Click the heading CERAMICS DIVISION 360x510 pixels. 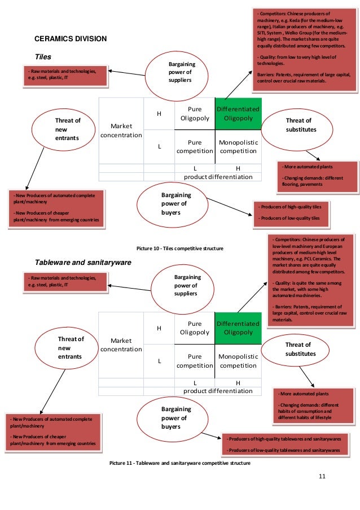pyautogui.click(x=71, y=39)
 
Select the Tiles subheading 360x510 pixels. pyautogui.click(x=43, y=57)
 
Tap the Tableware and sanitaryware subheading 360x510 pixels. pyautogui.click(x=83, y=263)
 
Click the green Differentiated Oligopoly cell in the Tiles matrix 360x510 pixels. pyautogui.click(x=238, y=114)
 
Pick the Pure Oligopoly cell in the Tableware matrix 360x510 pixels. pyautogui.click(x=195, y=328)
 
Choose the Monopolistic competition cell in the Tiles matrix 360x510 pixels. pyautogui.click(x=238, y=147)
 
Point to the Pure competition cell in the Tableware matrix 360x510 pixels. pyautogui.click(x=195, y=361)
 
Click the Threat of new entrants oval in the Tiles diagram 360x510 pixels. pyautogui.click(x=64, y=129)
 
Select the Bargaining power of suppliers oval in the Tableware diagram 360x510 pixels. pyautogui.click(x=183, y=289)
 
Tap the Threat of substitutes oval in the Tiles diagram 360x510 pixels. pyautogui.click(x=297, y=129)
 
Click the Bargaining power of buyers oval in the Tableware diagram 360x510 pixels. pyautogui.click(x=172, y=419)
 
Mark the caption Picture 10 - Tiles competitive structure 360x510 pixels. pyautogui.click(x=180, y=249)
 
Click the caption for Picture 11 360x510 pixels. pyautogui.click(x=180, y=463)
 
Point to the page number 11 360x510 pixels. pyautogui.click(x=322, y=476)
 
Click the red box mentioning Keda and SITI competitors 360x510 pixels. pyautogui.click(x=304, y=50)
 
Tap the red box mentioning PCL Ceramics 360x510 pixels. pyautogui.click(x=310, y=280)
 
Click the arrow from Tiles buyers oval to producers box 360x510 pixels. pyautogui.click(x=230, y=207)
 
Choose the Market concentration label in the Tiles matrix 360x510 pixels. pyautogui.click(x=121, y=130)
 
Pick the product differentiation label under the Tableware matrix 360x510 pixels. pyautogui.click(x=218, y=391)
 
